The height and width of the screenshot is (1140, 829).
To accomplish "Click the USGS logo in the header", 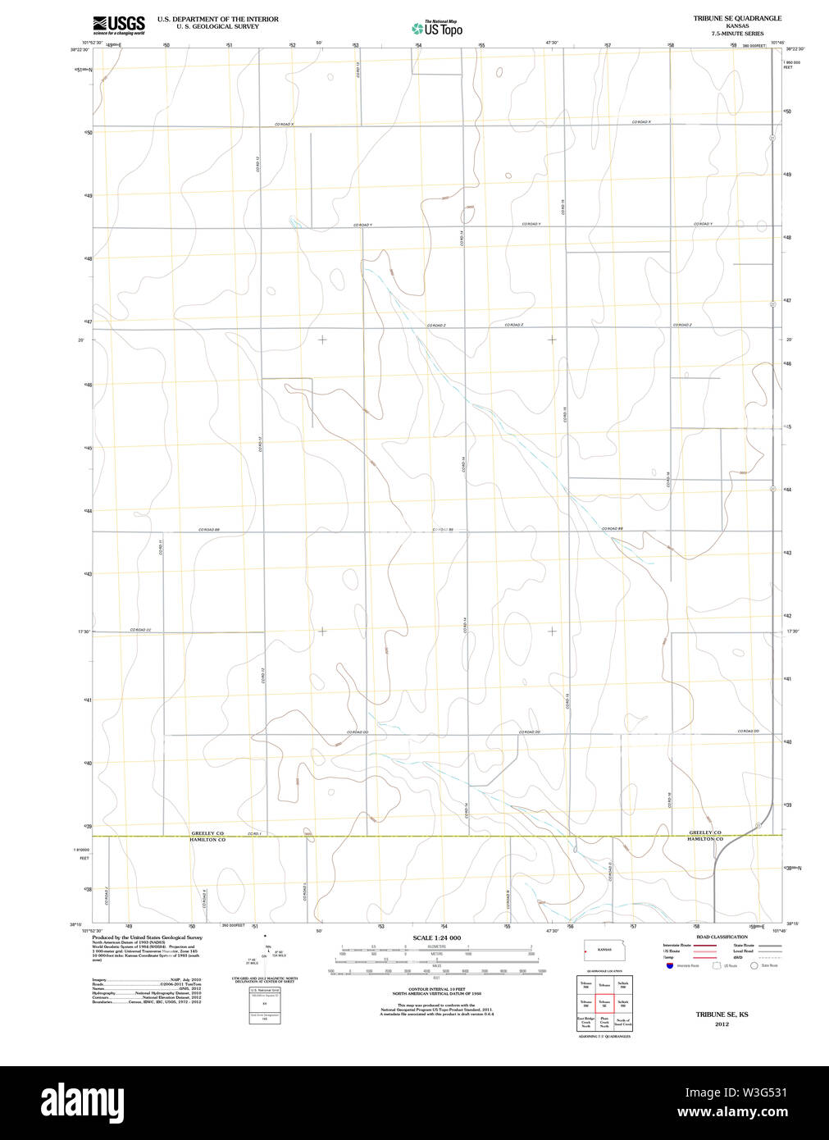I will tap(119, 25).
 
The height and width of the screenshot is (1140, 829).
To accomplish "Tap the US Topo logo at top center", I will tap(438, 29).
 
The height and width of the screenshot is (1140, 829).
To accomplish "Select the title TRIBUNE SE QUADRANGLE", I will tap(737, 18).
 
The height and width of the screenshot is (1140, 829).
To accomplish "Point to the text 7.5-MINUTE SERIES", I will tap(737, 34).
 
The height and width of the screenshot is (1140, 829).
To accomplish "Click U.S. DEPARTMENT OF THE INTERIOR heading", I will tap(217, 19).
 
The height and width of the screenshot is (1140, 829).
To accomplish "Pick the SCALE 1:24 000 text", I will tap(436, 937).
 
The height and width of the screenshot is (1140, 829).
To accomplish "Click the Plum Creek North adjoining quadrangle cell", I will tap(604, 1022).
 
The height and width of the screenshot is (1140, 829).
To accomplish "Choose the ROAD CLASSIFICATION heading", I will tap(722, 937).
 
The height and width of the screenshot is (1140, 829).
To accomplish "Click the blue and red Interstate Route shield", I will tap(670, 966).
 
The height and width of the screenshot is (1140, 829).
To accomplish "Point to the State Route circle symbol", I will tap(755, 966).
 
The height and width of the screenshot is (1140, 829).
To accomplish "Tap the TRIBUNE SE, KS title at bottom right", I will tap(722, 1015).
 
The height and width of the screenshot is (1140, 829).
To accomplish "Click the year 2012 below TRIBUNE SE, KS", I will tap(722, 1024).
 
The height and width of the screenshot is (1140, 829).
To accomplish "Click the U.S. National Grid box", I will tap(265, 1005).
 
